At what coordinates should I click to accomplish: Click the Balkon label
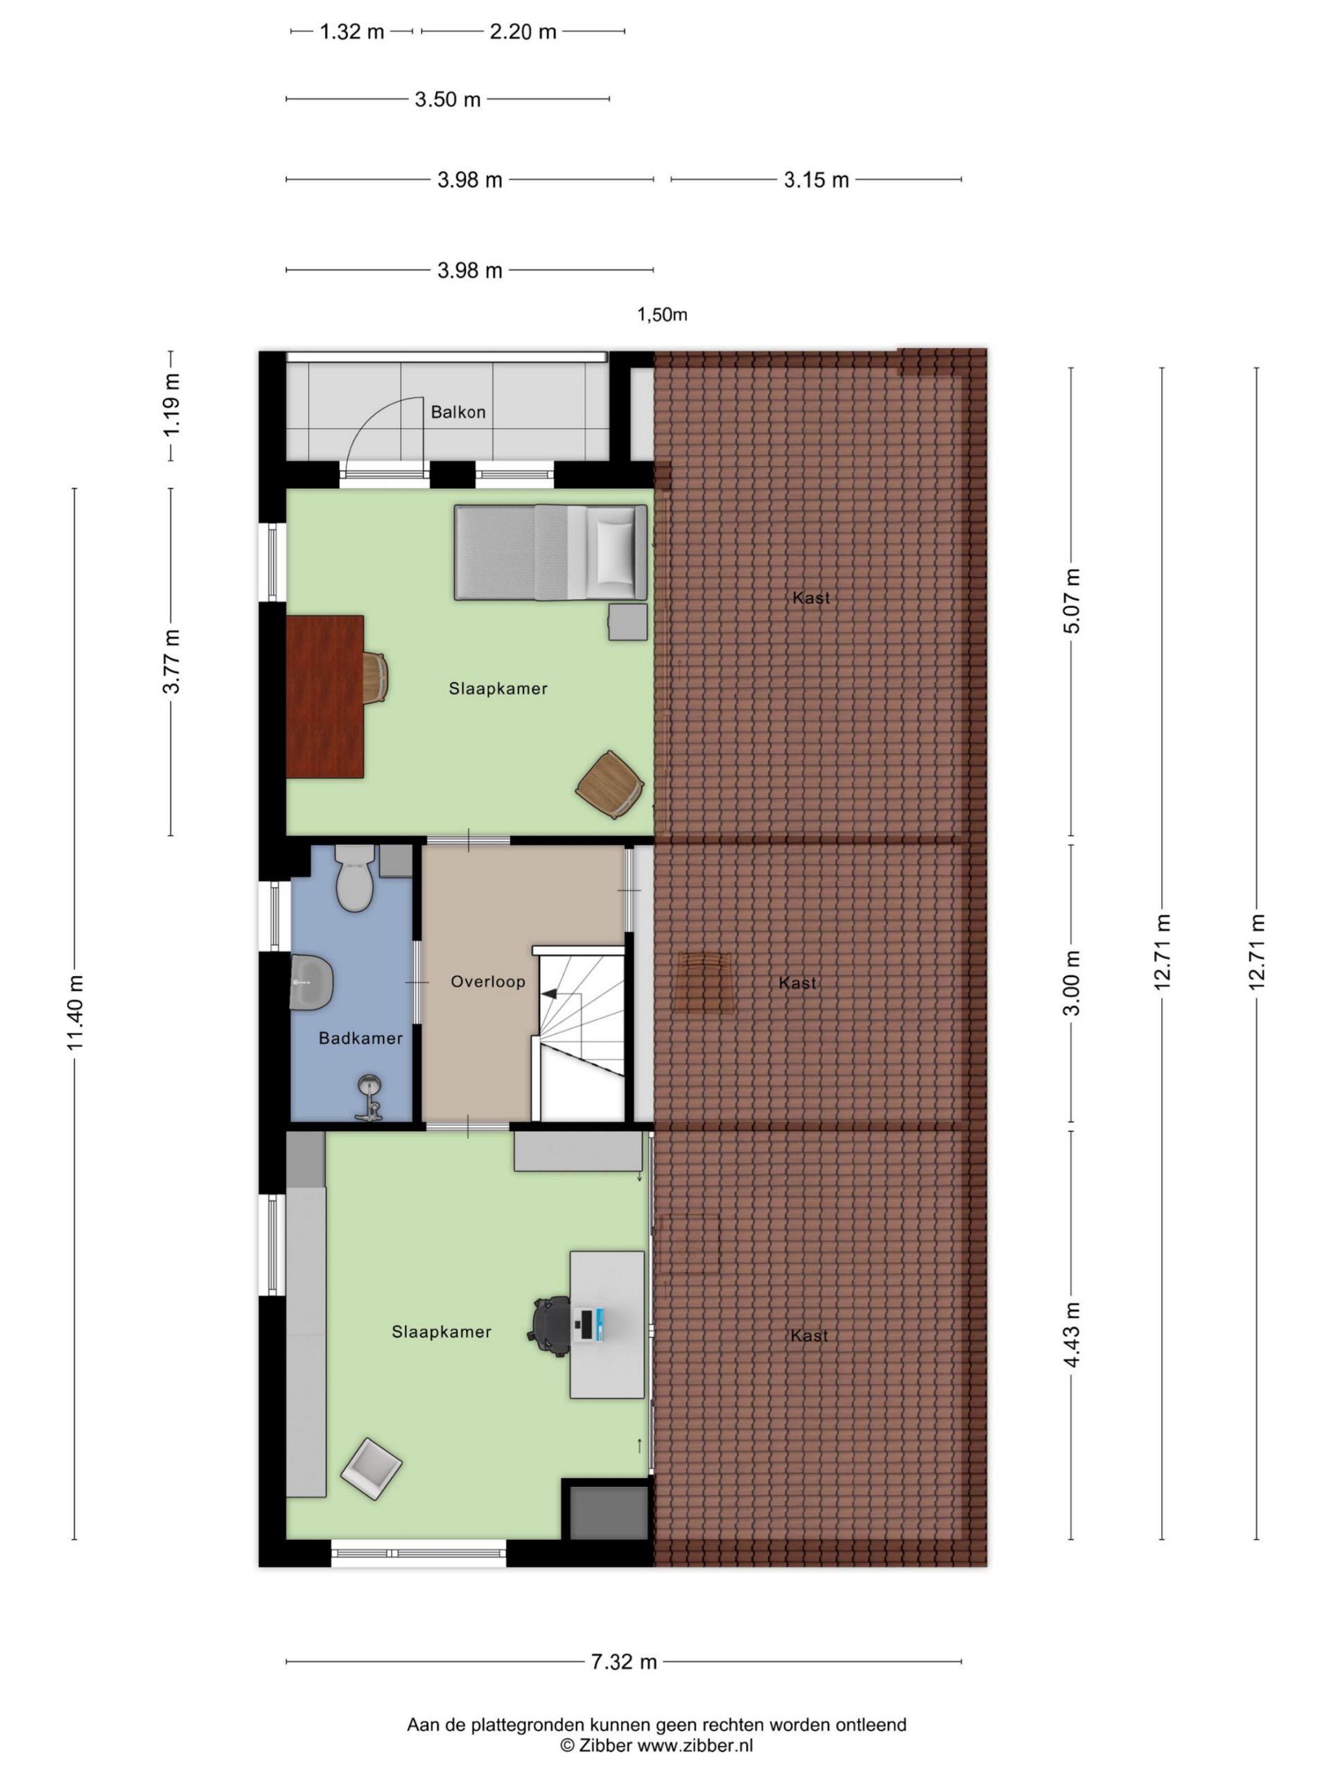[458, 412]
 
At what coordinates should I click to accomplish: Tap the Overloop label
[488, 981]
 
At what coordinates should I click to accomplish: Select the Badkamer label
[360, 1039]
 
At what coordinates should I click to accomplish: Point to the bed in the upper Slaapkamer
[550, 553]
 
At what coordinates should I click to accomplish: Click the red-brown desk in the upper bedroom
[325, 697]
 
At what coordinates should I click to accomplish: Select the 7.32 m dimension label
[623, 1662]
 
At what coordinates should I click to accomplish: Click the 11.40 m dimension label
[75, 1013]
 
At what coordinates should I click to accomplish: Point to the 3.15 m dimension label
[816, 180]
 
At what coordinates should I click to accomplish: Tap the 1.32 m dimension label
[351, 32]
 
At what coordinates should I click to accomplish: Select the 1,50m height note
[662, 315]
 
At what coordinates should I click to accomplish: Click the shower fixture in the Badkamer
[369, 1098]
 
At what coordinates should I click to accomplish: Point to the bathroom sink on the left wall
[311, 981]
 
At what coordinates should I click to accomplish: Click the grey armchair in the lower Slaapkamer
[372, 1469]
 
